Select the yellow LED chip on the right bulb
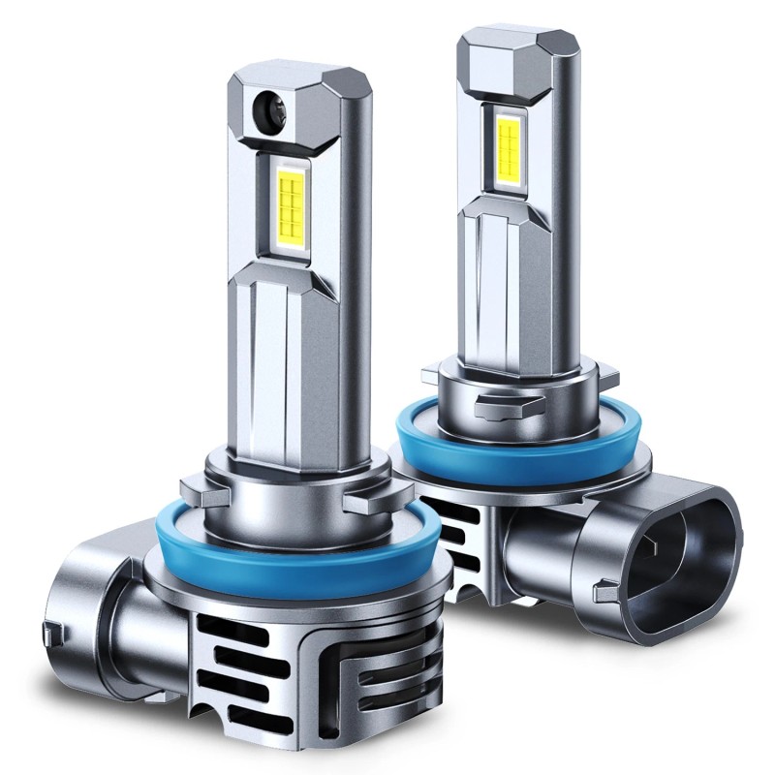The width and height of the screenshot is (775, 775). coord(508,144)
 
